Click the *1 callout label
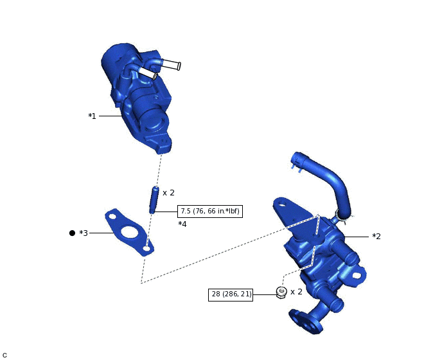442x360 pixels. pyautogui.click(x=92, y=116)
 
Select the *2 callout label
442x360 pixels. pyautogui.click(x=376, y=237)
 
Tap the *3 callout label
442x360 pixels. pyautogui.click(x=84, y=233)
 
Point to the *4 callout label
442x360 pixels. pyautogui.click(x=182, y=224)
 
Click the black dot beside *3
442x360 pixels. pyautogui.click(x=72, y=233)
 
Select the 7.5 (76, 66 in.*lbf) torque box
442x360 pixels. pyautogui.click(x=210, y=212)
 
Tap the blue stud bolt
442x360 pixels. pyautogui.click(x=154, y=200)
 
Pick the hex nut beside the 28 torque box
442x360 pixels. pyautogui.click(x=281, y=292)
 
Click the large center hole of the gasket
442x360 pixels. pyautogui.click(x=129, y=232)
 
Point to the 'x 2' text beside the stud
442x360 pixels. pyautogui.click(x=168, y=193)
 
